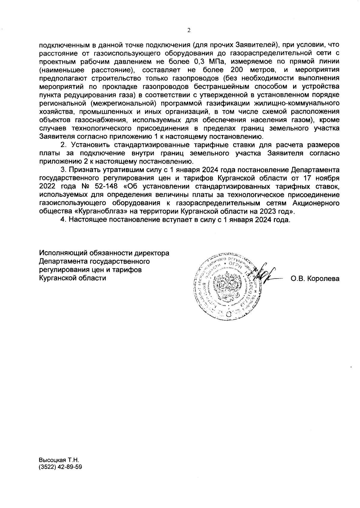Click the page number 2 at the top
click(x=189, y=30)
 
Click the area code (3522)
click(x=47, y=467)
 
